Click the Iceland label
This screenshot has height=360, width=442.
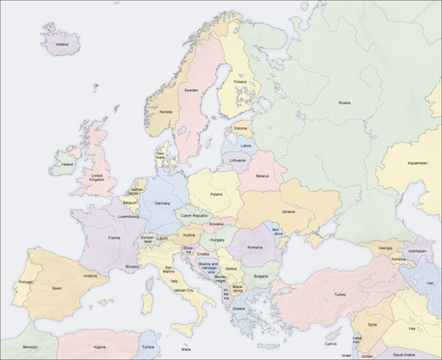coord(61,44)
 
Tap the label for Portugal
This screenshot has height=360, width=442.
coord(25,282)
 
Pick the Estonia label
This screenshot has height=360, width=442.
coord(240,127)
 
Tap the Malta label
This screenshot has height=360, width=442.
coord(186,349)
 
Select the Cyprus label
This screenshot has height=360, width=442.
coord(330,343)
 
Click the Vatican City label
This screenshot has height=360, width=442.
coord(184,289)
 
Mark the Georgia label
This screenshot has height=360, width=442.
coord(385,248)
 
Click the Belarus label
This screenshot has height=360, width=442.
coord(262,175)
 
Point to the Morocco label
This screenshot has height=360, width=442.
coord(30,347)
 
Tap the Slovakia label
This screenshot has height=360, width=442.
coord(217,223)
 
